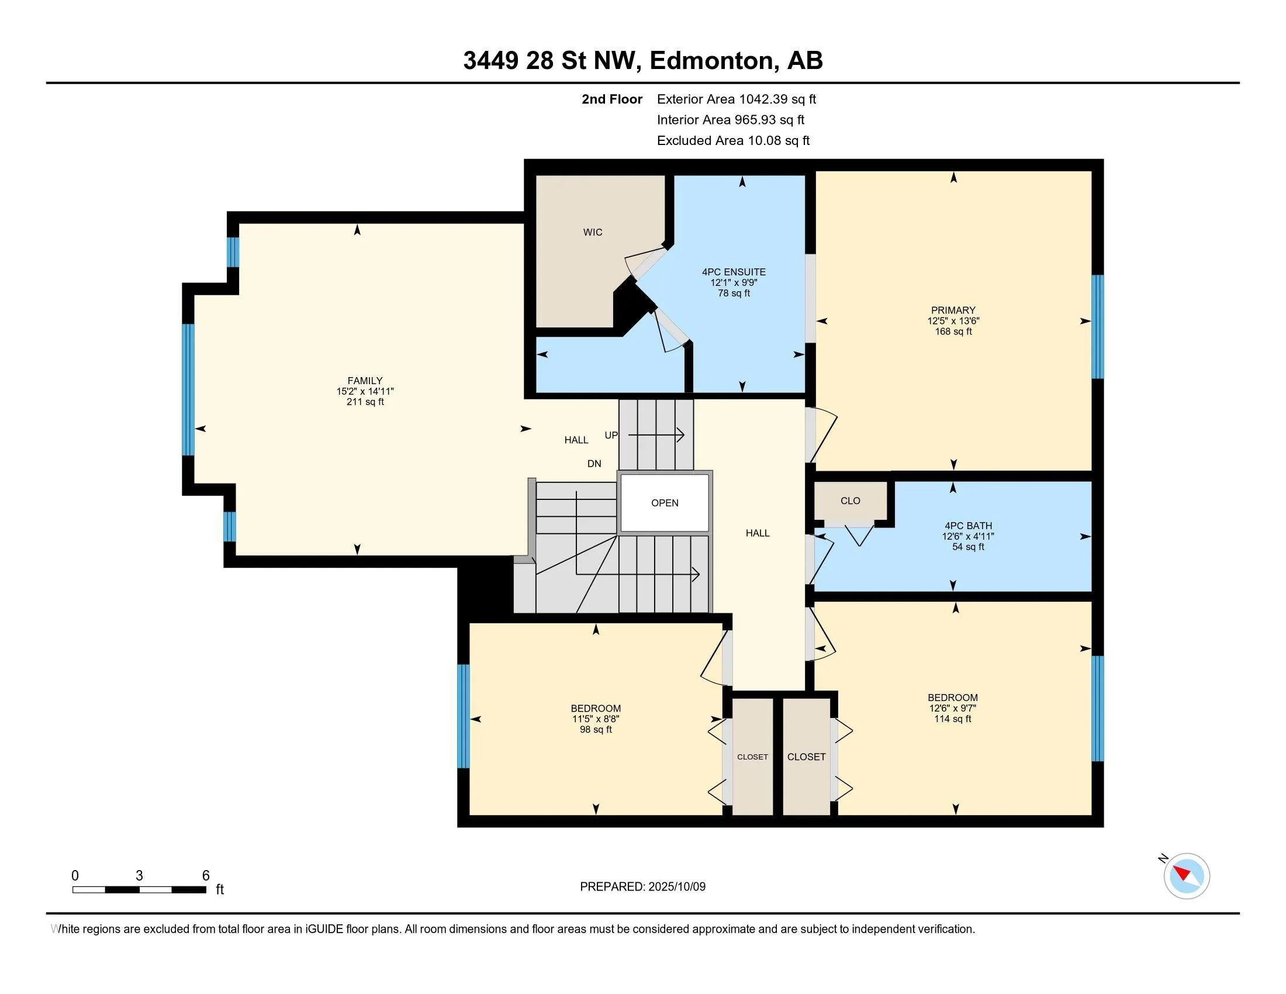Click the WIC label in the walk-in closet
tap(592, 232)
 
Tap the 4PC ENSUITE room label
tap(734, 272)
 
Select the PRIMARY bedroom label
tap(953, 310)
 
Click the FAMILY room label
tap(365, 381)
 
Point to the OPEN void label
tap(665, 503)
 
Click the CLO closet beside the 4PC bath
tap(851, 501)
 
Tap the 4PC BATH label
tap(968, 526)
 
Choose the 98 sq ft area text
tap(596, 730)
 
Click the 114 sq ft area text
tap(953, 719)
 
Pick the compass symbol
tap(1187, 876)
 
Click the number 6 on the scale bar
tap(206, 876)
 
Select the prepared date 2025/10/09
tap(676, 887)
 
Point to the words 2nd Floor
tap(612, 99)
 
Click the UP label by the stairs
tap(611, 435)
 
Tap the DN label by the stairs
tap(594, 464)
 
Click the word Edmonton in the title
tap(712, 61)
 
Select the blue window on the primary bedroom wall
tap(1098, 327)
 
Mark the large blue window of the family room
tap(188, 390)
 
